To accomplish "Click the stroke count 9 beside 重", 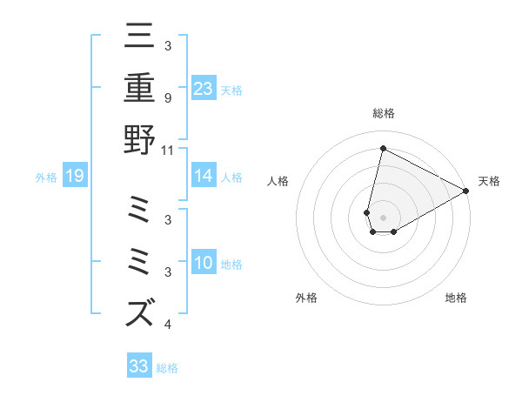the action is (x=167, y=98).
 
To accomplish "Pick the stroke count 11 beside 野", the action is (x=168, y=150).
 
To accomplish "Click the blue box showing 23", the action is (x=204, y=89).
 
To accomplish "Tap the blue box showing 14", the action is (x=204, y=177).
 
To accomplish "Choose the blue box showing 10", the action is (x=204, y=264).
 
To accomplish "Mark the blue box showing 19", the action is (x=75, y=177).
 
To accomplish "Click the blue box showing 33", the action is (x=139, y=366).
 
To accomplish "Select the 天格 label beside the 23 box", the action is (x=231, y=90).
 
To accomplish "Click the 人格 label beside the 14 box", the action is (x=231, y=178).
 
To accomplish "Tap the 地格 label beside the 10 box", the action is (x=231, y=265).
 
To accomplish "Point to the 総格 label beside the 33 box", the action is (x=167, y=367).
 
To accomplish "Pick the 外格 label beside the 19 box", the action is (x=46, y=178).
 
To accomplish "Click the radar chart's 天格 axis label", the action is (x=489, y=181).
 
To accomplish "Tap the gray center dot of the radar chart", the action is (x=383, y=218).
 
